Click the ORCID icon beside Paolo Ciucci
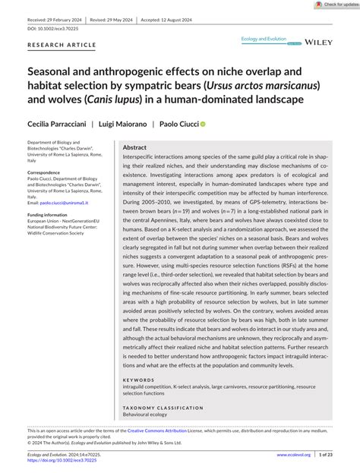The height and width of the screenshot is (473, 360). pos(203,123)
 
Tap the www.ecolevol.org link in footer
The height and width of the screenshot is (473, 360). pos(294,455)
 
